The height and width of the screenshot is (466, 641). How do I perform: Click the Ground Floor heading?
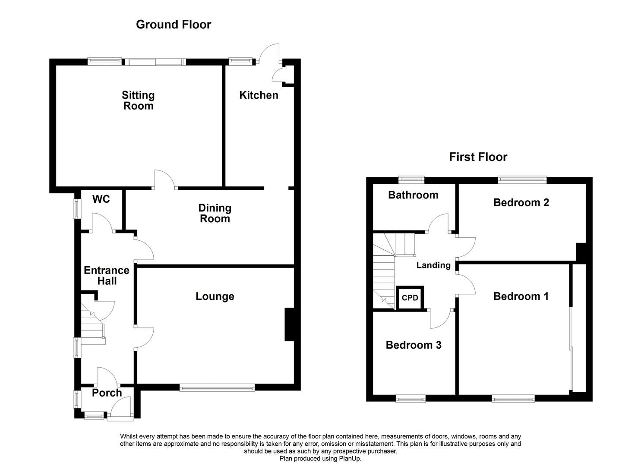[x=174, y=25]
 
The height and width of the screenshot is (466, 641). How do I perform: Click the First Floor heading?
[x=478, y=157]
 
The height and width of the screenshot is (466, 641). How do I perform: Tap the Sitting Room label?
[x=138, y=101]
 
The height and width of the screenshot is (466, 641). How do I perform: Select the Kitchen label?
[x=259, y=95]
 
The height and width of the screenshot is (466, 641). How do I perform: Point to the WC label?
[x=101, y=199]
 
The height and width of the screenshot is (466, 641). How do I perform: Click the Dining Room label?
[x=215, y=214]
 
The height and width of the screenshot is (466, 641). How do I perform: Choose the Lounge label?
[x=215, y=296]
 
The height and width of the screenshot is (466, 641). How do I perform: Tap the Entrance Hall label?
[x=107, y=276]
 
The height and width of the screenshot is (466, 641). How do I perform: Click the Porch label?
[x=107, y=393]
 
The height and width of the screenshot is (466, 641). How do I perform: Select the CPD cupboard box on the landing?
[x=410, y=298]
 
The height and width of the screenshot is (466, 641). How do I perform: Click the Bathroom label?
[x=413, y=195]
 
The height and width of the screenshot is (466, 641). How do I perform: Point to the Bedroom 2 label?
[x=521, y=202]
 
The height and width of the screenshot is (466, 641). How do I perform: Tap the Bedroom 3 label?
[x=414, y=345]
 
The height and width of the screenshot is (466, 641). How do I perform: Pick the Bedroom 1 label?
[x=521, y=296]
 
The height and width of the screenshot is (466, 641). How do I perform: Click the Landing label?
[x=433, y=265]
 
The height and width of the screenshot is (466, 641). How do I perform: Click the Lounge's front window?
[x=217, y=388]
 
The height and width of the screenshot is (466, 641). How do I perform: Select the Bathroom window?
[x=411, y=179]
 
